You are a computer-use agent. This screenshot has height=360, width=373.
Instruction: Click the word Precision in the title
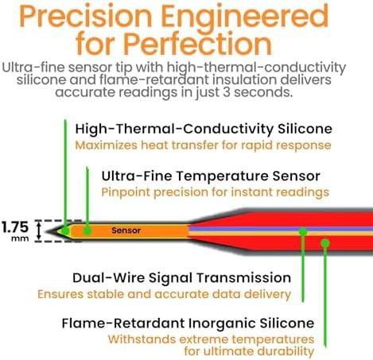[85, 17]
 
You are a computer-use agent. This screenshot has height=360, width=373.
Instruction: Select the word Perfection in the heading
[198, 43]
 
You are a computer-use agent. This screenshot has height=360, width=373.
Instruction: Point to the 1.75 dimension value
[15, 227]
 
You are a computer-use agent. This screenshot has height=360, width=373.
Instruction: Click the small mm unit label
[20, 238]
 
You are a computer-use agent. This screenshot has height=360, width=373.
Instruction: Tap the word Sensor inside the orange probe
[126, 230]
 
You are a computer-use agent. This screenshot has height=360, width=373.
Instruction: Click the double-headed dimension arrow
[39, 231]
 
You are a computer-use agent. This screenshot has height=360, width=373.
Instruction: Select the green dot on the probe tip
[65, 230]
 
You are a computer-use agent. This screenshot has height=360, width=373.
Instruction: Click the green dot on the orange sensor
[87, 230]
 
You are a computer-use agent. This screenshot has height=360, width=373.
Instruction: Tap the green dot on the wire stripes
[303, 231]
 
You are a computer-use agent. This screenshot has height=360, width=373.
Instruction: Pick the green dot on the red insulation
[325, 242]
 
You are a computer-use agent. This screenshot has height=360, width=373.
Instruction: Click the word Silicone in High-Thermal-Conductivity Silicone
[305, 129]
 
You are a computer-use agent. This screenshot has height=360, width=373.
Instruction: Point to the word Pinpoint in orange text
[126, 192]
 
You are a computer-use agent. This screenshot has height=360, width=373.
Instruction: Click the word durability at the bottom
[286, 351]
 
